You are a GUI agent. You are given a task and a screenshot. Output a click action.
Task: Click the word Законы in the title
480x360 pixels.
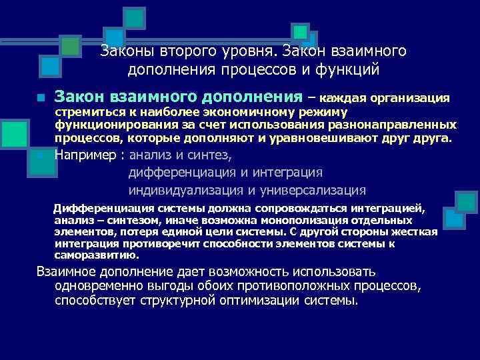(x=125, y=51)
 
